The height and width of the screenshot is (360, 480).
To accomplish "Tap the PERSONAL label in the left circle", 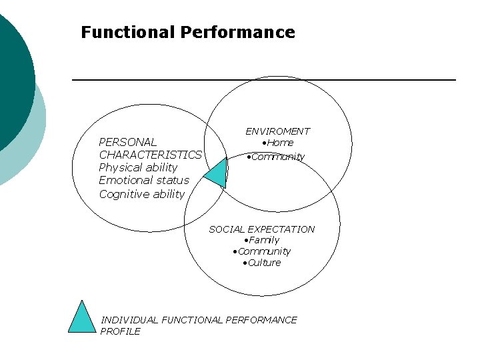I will click(x=127, y=142).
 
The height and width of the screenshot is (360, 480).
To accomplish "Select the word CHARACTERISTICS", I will click(x=150, y=155).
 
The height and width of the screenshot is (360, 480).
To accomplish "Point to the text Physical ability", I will click(x=138, y=167).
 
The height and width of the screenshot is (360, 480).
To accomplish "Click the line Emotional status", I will click(x=144, y=180).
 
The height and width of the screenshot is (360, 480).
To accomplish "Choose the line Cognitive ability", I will click(x=141, y=194).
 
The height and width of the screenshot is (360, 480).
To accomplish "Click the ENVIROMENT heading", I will click(x=277, y=131).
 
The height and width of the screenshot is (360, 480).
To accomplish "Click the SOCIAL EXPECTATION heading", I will click(x=261, y=229).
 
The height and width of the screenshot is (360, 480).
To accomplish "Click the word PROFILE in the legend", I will click(x=120, y=331).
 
